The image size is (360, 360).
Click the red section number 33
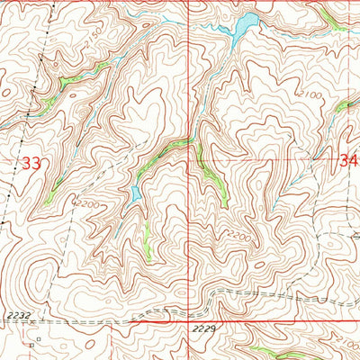pos(31,164)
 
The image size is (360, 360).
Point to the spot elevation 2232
pos(15,314)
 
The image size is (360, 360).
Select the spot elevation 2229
pos(204,331)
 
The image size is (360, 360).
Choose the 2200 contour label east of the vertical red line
pos(237,236)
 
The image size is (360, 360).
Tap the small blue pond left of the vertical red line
pos(136,193)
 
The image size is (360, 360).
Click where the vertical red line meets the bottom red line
pos(190,319)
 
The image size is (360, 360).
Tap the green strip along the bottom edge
pos(270,351)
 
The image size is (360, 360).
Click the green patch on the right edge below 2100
pos(346,105)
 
